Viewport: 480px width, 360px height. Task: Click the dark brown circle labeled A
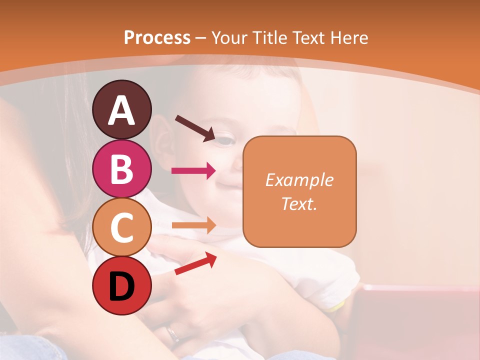coord(122,110)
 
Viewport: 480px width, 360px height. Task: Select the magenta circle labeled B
coord(122,168)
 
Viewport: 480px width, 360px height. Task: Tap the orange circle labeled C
coord(122,227)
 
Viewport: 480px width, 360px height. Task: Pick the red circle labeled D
coord(122,286)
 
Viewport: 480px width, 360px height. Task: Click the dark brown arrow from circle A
coord(195,128)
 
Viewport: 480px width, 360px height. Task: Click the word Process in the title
coord(157,37)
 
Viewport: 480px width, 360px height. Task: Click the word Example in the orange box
coord(299,180)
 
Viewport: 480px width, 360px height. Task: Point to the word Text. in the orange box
coord(299,203)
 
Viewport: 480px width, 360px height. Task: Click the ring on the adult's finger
coord(173,333)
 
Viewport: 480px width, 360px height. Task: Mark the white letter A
coord(122,110)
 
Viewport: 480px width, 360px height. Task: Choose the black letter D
coord(122,286)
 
